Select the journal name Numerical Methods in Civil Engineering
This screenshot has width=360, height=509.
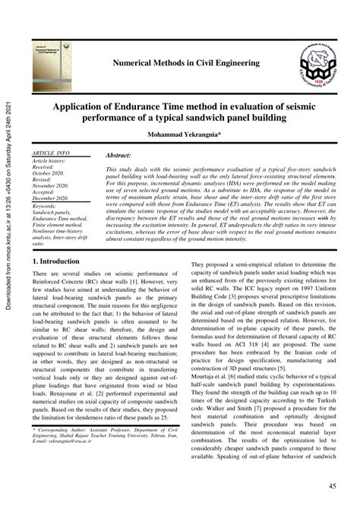click(x=185, y=64)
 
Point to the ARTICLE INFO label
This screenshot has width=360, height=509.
click(x=52, y=153)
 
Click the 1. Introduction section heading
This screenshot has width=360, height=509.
click(x=58, y=260)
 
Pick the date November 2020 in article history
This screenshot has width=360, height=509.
click(x=53, y=186)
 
